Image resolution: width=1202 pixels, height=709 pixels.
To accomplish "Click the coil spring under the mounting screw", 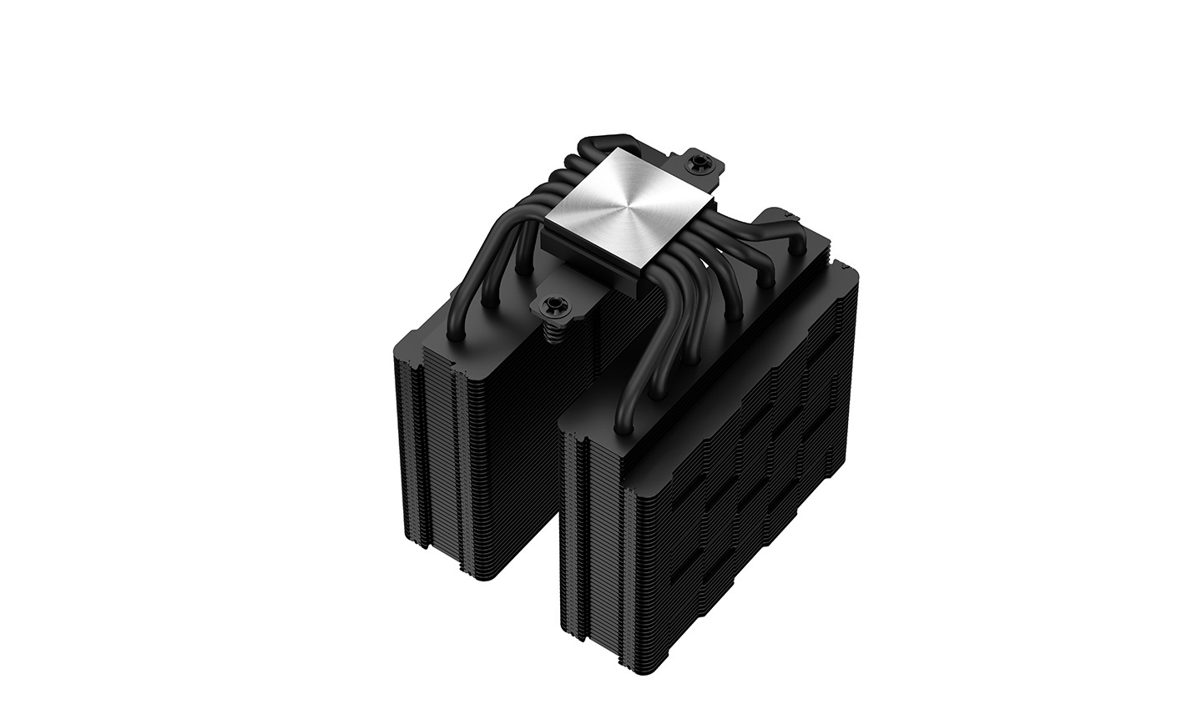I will click(x=552, y=334).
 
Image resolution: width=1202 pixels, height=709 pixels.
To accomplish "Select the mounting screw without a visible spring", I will click(x=694, y=164).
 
